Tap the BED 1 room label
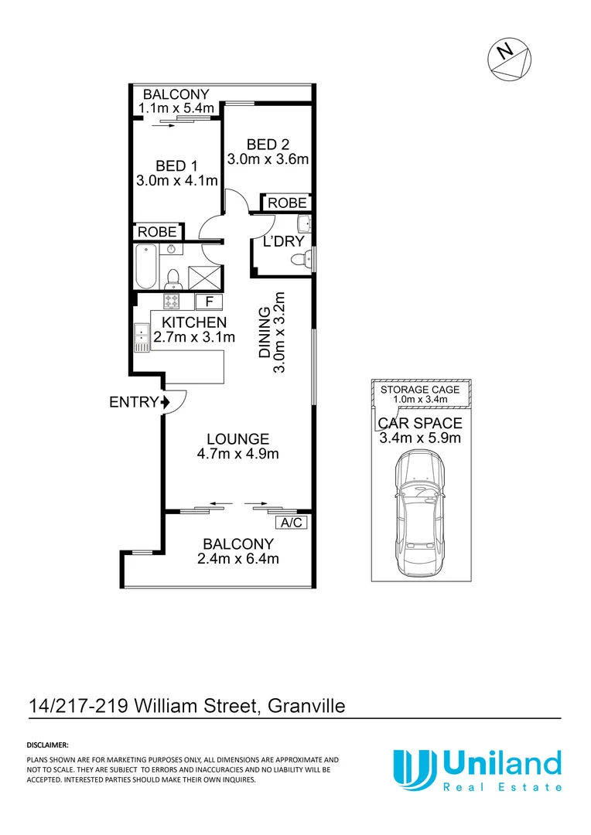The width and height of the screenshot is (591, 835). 170,165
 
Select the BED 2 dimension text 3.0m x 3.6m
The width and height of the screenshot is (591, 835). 268,160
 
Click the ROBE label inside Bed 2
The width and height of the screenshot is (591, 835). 286,203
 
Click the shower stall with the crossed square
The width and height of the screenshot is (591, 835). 204,274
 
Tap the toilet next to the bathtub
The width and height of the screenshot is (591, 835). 174,276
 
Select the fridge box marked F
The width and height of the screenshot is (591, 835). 208,302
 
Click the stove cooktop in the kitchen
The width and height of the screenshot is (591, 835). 172,301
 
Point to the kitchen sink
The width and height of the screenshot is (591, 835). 142,335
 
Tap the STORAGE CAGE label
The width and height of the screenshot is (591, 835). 419,390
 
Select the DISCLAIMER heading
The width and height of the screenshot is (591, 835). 48,745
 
